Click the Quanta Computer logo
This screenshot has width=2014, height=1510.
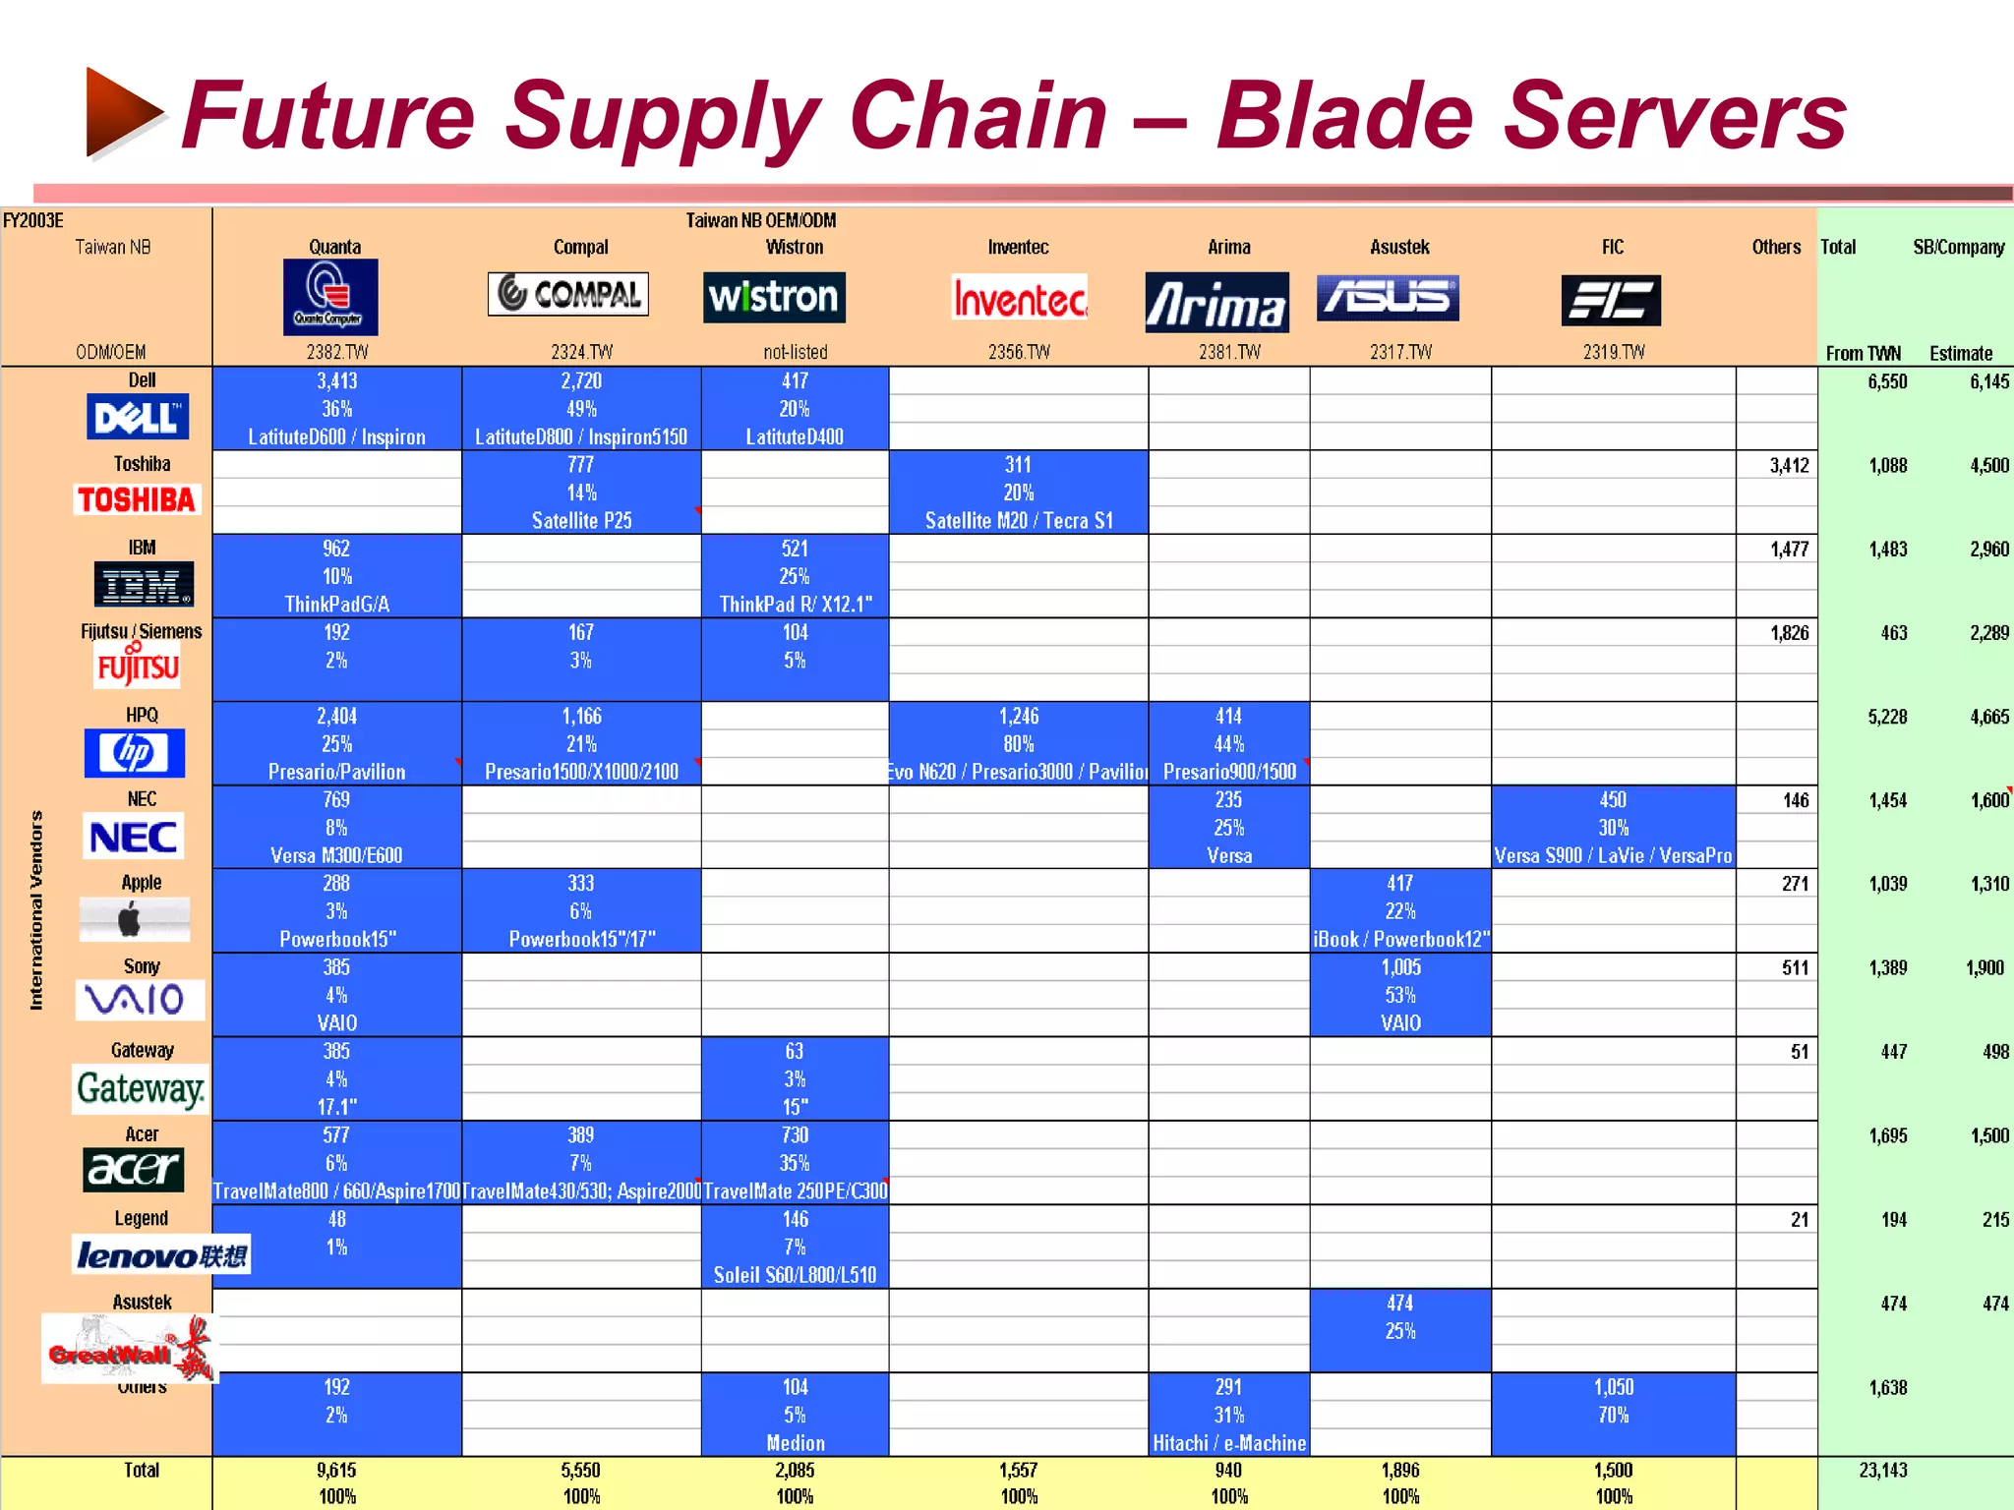330,297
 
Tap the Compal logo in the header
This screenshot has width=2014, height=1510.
568,294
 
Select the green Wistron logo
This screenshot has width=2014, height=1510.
774,297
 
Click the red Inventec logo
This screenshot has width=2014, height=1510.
1020,297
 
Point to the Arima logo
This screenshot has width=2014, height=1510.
1216,302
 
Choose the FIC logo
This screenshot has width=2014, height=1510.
1611,300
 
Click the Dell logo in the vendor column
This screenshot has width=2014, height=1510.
138,418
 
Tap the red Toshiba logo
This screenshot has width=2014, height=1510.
137,499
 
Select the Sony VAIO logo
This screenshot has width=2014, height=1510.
140,1000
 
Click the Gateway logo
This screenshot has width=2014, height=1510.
141,1089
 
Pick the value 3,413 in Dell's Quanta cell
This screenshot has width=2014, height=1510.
336,381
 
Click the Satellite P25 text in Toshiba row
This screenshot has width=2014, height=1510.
581,521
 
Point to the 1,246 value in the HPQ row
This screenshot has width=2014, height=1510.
1019,717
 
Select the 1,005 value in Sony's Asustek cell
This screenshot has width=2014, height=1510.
1400,967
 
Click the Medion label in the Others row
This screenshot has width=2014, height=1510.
795,1443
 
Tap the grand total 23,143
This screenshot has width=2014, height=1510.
1882,1471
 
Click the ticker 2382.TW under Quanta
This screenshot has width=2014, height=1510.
336,352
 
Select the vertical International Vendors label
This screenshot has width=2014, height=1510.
36,910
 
